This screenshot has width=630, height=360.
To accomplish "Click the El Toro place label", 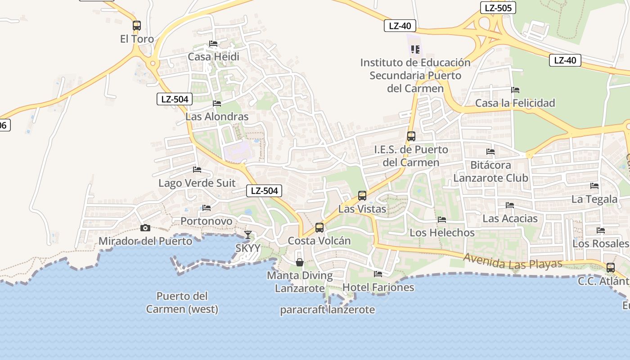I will (137, 39).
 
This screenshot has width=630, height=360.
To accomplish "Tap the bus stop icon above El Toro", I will (137, 26).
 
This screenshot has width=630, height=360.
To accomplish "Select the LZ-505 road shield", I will (498, 8).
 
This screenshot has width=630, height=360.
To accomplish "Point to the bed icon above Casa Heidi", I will (213, 44).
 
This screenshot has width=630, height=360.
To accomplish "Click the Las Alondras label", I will (217, 117).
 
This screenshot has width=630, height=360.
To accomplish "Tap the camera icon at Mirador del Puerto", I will (145, 228).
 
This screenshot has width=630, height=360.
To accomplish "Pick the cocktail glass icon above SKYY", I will (248, 234).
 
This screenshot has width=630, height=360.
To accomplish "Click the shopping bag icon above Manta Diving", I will (300, 262).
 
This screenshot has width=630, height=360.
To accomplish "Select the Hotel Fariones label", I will (378, 287).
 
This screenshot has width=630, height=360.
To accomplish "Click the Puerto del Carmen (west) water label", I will (182, 302).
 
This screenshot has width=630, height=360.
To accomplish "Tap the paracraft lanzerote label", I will (327, 310).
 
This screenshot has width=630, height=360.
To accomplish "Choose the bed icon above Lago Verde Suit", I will (197, 170).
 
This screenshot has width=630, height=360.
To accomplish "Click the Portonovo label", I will (207, 221).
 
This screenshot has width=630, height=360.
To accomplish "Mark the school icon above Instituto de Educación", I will (415, 49).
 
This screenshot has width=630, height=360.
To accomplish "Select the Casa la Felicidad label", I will (515, 103).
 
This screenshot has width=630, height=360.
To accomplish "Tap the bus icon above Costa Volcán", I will (319, 227).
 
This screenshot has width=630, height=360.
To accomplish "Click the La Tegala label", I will (594, 199).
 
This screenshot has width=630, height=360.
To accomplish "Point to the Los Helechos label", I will (442, 233).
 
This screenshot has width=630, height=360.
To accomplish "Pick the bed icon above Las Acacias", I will (510, 205).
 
